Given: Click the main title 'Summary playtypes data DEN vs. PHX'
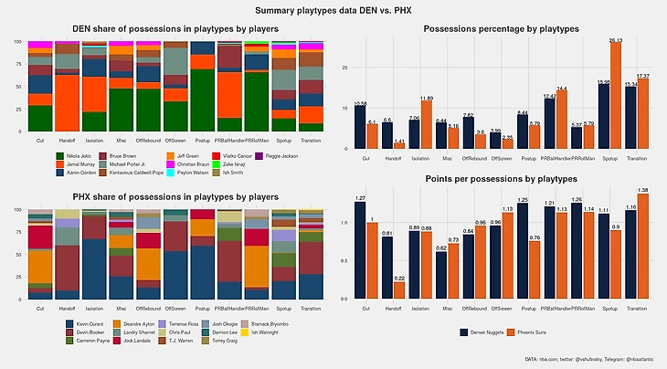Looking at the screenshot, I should [x=333, y=10].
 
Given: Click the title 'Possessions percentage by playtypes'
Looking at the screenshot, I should [x=498, y=30].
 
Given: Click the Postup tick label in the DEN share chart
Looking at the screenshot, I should [x=203, y=140].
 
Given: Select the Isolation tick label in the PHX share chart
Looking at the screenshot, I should [x=95, y=308].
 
